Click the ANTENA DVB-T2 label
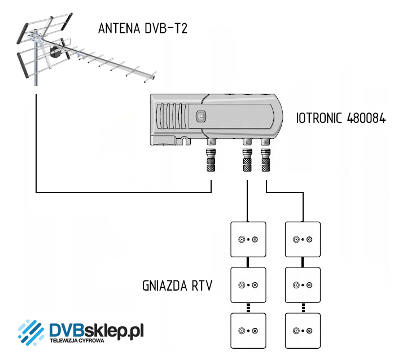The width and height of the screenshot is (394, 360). (x=142, y=28)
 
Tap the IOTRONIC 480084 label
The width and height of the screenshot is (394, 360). (x=340, y=118)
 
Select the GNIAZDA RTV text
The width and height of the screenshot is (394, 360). (x=178, y=286)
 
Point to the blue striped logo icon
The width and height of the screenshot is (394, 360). (x=32, y=333)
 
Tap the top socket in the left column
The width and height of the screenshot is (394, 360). (x=248, y=239)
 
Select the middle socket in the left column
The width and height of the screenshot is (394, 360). (x=248, y=285)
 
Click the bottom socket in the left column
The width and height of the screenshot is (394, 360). (x=248, y=330)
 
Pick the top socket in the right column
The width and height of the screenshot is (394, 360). (x=303, y=239)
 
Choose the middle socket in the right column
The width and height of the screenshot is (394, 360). (x=303, y=285)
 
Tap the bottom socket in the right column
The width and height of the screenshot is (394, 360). (x=303, y=330)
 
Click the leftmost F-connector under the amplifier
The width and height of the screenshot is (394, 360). (x=211, y=162)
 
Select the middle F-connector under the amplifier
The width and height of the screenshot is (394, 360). (x=247, y=162)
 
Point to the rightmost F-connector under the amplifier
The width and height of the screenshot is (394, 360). (x=265, y=162)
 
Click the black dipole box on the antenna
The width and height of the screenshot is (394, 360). (x=55, y=54)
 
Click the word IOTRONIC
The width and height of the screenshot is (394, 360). (x=318, y=118)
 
